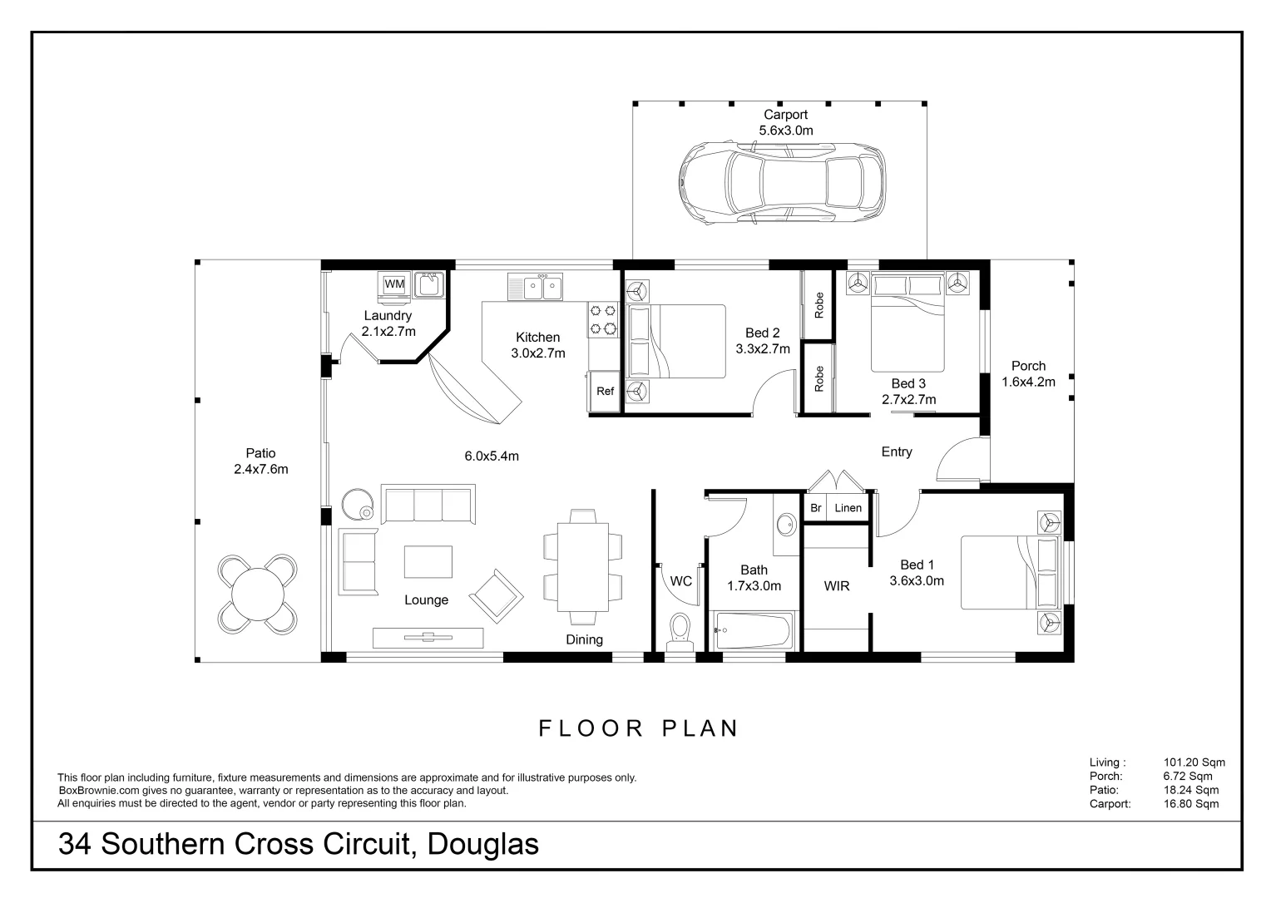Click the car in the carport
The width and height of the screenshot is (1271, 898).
pos(781,183)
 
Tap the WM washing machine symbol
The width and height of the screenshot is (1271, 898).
pos(394,284)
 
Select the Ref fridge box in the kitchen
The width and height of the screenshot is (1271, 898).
pos(605,391)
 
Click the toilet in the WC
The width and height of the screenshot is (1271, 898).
pos(680,632)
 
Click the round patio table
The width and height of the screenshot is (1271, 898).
pos(257,594)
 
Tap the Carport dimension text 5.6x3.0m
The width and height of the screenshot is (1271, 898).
pos(785,131)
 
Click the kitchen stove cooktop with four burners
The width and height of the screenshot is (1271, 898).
pos(603,320)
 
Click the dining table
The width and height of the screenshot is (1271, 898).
pos(583,566)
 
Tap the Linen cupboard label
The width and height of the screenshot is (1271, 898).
pos(848,508)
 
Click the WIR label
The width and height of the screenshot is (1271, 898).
pos(836,586)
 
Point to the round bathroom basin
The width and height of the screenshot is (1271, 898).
pos(786,525)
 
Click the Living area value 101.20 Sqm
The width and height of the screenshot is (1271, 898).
pos(1194,762)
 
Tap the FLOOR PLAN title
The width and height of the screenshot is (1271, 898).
pos(639,728)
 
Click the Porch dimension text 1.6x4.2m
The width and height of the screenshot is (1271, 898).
pos(1028,382)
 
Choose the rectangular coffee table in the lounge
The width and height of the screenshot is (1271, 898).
pos(428,561)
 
